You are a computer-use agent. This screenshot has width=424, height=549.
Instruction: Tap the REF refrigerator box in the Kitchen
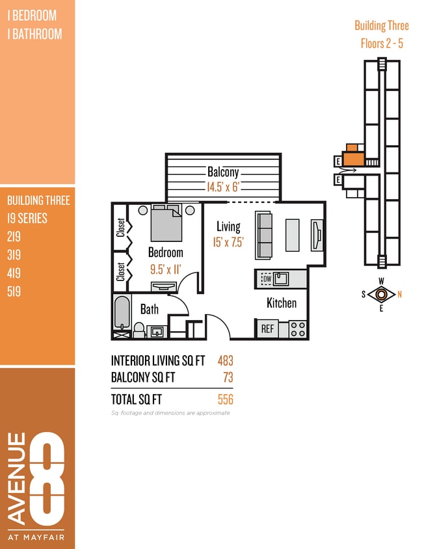coord(267,329)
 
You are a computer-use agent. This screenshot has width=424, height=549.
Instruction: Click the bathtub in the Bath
coord(122,313)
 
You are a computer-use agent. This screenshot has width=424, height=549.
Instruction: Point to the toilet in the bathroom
coord(139,330)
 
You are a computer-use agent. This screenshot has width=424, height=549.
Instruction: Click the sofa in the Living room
coord(265,234)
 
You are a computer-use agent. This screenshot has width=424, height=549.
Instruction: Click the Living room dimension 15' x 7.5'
coord(228,241)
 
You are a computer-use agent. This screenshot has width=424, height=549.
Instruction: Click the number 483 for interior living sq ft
coord(225,360)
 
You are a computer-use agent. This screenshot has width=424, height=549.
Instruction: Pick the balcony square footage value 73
coord(228,377)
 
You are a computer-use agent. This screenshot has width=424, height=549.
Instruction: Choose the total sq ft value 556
coord(225,399)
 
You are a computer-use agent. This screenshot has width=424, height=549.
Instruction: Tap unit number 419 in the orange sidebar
coord(14,274)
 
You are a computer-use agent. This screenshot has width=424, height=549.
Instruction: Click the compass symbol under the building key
coord(381,294)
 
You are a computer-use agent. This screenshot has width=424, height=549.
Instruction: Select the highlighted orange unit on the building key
coord(353,157)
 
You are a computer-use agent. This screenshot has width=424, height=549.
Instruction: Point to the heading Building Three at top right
coord(382,26)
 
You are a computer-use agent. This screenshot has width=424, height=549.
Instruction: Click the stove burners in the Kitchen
coord(297,329)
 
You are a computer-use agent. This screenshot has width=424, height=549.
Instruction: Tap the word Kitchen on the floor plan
coord(282,303)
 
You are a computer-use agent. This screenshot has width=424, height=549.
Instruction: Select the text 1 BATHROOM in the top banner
coord(34,34)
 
